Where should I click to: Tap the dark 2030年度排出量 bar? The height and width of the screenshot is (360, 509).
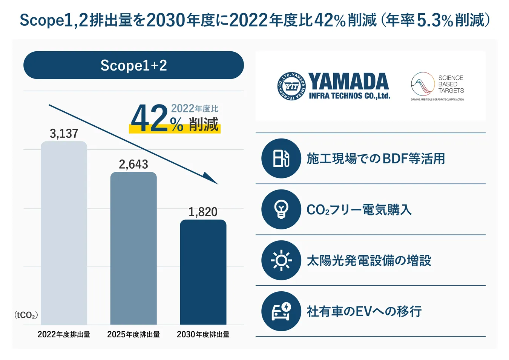click(x=203, y=272)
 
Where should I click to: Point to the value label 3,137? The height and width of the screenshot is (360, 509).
click(x=64, y=134)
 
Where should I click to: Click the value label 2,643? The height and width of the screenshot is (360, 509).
click(x=133, y=165)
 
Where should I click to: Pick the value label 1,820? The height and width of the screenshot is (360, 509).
click(x=203, y=212)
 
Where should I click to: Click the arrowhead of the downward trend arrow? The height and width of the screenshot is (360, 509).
click(x=211, y=180)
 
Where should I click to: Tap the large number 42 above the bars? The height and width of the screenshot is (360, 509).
click(x=149, y=119)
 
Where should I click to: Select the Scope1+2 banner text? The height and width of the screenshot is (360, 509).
click(x=133, y=66)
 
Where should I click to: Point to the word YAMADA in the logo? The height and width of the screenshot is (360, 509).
click(x=348, y=82)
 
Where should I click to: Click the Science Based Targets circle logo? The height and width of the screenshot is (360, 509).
click(x=423, y=84)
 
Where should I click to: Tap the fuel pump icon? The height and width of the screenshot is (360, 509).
click(x=281, y=158)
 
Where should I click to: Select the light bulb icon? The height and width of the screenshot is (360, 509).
click(x=281, y=209)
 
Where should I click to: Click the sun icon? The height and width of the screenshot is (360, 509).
click(x=281, y=260)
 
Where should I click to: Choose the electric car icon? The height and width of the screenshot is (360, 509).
click(x=281, y=311)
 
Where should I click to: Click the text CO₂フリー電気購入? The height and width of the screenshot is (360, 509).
click(x=359, y=209)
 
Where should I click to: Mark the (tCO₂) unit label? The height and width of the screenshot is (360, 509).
click(x=26, y=315)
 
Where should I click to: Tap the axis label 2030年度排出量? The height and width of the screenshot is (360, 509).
click(x=203, y=334)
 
